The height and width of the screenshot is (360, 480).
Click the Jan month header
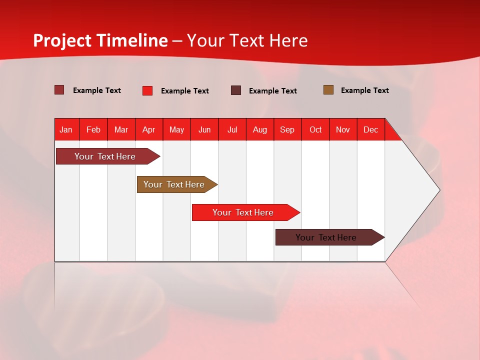pyautogui.click(x=66, y=129)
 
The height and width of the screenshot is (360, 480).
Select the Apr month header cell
pyautogui.click(x=149, y=129)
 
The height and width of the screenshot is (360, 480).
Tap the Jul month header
pyautogui.click(x=232, y=129)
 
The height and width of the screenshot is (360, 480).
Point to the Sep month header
pyautogui.click(x=287, y=129)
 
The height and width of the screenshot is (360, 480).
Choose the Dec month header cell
pyautogui.click(x=370, y=129)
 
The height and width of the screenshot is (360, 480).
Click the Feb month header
pyautogui.click(x=93, y=129)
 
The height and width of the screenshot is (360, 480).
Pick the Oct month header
pyautogui.click(x=315, y=129)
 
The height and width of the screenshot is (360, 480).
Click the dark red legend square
pyautogui.click(x=59, y=90)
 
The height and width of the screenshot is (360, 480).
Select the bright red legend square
pyautogui.click(x=147, y=90)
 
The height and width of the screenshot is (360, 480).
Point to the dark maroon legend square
pyautogui.click(x=236, y=90)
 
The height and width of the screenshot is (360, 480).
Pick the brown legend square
pyautogui.click(x=328, y=90)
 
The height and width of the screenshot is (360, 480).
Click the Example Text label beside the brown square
pyautogui.click(x=364, y=90)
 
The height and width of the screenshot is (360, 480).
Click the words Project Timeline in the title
pyautogui.click(x=100, y=40)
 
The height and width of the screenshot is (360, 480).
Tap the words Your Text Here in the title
pyautogui.click(x=247, y=40)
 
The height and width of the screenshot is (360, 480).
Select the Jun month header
pyautogui.click(x=204, y=129)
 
